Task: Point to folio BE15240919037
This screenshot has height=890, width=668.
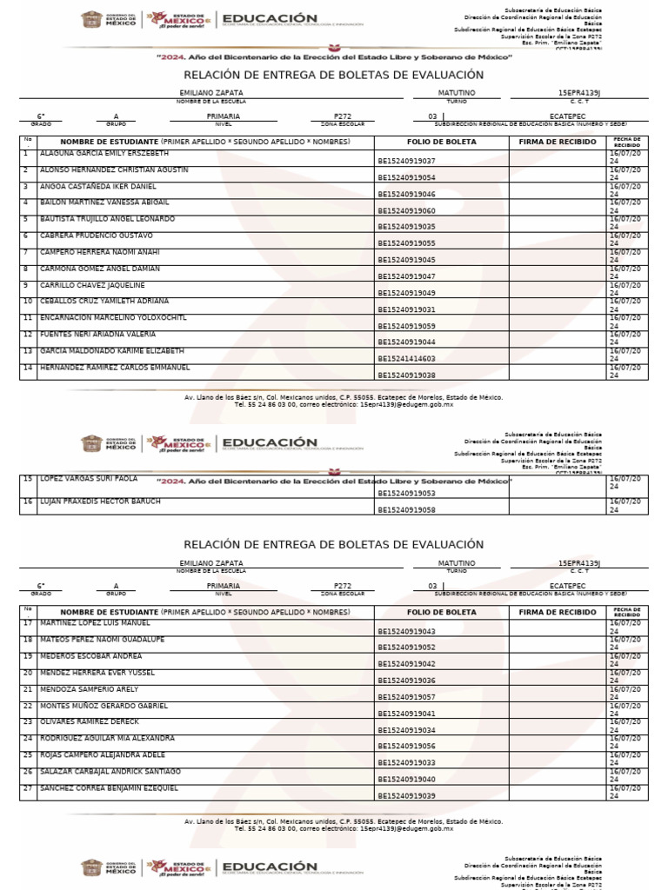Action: pyautogui.click(x=406, y=161)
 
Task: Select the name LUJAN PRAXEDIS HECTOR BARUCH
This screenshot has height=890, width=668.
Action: pyautogui.click(x=100, y=501)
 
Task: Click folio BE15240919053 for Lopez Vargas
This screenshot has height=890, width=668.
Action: pyautogui.click(x=406, y=494)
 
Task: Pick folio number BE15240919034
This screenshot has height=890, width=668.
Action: pyautogui.click(x=406, y=730)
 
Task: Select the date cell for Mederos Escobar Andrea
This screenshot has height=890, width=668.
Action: pyautogui.click(x=626, y=661)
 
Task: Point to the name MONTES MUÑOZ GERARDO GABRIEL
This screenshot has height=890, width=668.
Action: pyautogui.click(x=104, y=706)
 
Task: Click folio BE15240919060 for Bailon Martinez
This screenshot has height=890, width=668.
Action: pyautogui.click(x=406, y=211)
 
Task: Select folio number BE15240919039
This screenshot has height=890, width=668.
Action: pyautogui.click(x=406, y=796)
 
